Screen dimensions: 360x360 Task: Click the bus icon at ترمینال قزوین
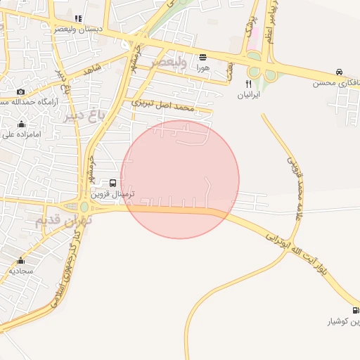click(114, 183)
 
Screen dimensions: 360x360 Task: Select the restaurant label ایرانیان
click(248, 94)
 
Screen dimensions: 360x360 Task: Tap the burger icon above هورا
click(203, 57)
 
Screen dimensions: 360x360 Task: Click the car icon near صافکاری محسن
click(340, 72)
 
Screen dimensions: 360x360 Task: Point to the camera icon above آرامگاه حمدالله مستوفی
click(20, 92)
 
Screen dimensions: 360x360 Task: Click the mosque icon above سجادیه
click(20, 261)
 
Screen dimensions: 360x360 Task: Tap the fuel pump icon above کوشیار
click(355, 310)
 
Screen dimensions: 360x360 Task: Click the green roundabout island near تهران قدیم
click(84, 207)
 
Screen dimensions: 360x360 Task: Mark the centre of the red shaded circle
click(180, 179)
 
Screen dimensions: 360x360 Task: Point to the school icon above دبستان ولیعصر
click(77, 19)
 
